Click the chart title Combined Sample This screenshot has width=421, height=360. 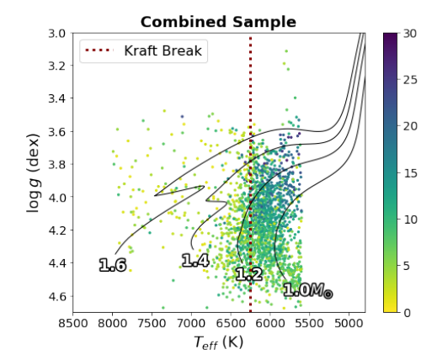[218, 22]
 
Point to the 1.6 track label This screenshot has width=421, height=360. [112, 266]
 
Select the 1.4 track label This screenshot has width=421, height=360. [195, 261]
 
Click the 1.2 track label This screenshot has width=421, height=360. [248, 274]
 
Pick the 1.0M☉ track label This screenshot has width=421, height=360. [307, 290]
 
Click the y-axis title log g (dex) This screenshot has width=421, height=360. [33, 172]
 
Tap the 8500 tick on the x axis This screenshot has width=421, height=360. [73, 323]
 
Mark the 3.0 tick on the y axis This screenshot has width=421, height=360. [56, 34]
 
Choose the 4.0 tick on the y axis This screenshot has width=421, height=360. [56, 198]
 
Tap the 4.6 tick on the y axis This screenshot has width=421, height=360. [56, 296]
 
